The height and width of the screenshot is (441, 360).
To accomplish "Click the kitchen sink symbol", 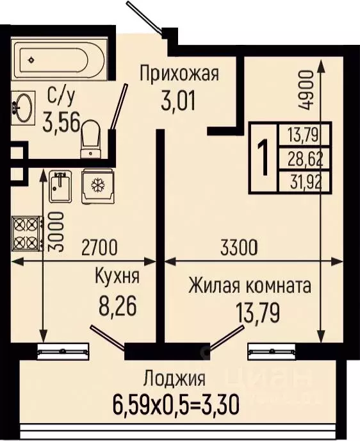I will pyautogui.click(x=62, y=185).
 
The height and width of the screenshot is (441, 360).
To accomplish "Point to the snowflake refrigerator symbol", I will pyautogui.click(x=98, y=185).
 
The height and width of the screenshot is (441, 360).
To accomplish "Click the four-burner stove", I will pyautogui.click(x=24, y=234).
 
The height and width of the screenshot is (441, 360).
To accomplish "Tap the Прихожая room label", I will pyautogui.click(x=179, y=73).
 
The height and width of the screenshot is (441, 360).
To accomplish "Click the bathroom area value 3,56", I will pyautogui.click(x=61, y=122).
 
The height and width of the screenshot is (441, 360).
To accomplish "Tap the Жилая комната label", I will pyautogui.click(x=250, y=285).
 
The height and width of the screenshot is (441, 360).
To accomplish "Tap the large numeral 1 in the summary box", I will pyautogui.click(x=262, y=156).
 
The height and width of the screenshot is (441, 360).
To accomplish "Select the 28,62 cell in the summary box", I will pyautogui.click(x=305, y=156).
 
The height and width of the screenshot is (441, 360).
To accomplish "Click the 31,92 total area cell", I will pyautogui.click(x=305, y=181).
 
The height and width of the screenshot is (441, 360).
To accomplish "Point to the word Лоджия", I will pyautogui.click(x=174, y=378).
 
